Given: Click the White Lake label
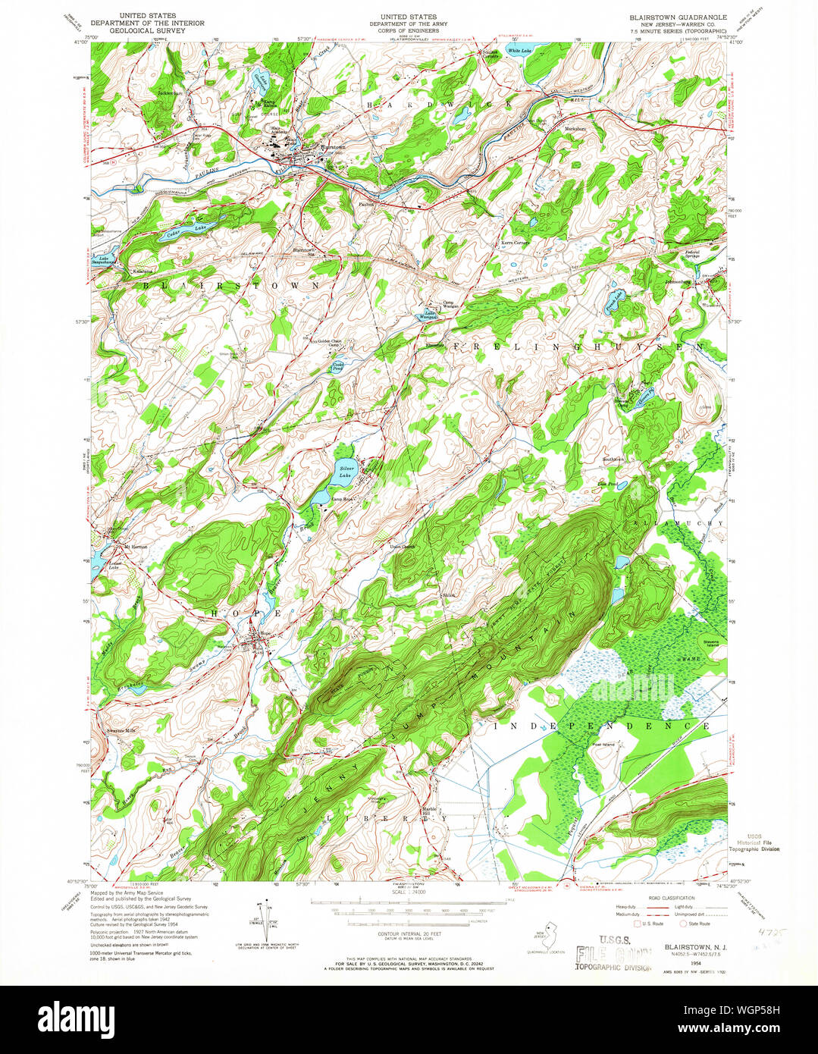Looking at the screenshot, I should point(519,51).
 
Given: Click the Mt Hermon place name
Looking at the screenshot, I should point(135,546).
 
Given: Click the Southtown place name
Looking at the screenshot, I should point(613,460).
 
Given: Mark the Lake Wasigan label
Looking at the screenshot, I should point(430,315).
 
